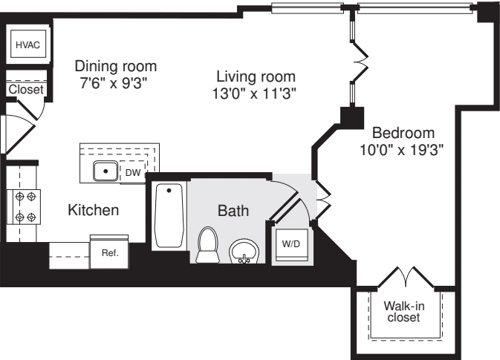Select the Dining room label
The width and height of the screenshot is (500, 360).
(115, 66)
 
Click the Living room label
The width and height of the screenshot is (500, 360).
(256, 76)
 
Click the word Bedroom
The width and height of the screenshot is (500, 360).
(403, 133)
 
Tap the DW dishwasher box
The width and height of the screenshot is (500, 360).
(132, 172)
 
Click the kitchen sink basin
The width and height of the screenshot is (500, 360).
(106, 171)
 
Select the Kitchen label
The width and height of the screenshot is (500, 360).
(94, 211)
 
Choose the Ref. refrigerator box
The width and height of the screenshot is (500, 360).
(109, 252)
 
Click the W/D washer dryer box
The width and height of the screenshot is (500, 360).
(290, 243)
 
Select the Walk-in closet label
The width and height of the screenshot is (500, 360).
(402, 311)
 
